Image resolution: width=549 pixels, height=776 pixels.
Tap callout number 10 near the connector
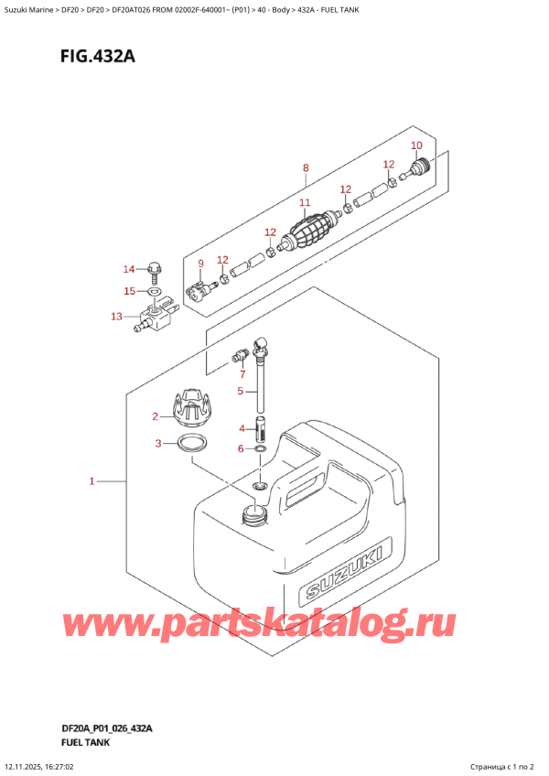416,145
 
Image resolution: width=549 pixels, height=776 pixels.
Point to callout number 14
129,269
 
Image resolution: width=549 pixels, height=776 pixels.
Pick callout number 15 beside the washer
129,291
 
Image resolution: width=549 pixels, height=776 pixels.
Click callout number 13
115,317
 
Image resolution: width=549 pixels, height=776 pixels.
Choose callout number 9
200,264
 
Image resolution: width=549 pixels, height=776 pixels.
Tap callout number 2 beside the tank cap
156,417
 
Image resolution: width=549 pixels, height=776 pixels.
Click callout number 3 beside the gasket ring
158,444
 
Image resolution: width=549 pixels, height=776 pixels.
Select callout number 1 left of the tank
91,480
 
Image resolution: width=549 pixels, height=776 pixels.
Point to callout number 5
241,392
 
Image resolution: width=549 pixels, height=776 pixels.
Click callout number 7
242,374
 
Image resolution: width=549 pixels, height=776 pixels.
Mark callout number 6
241,448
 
